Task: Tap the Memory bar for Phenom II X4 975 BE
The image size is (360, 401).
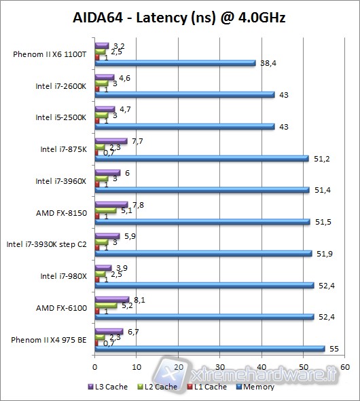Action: pyautogui.click(x=210, y=349)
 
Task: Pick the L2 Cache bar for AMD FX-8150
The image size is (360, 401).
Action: pyautogui.click(x=106, y=210)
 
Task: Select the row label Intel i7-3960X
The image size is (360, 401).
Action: pyautogui.click(x=63, y=181)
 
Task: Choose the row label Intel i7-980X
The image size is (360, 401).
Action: pyautogui.click(x=65, y=276)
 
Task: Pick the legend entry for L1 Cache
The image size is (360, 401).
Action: pyautogui.click(x=207, y=387)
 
